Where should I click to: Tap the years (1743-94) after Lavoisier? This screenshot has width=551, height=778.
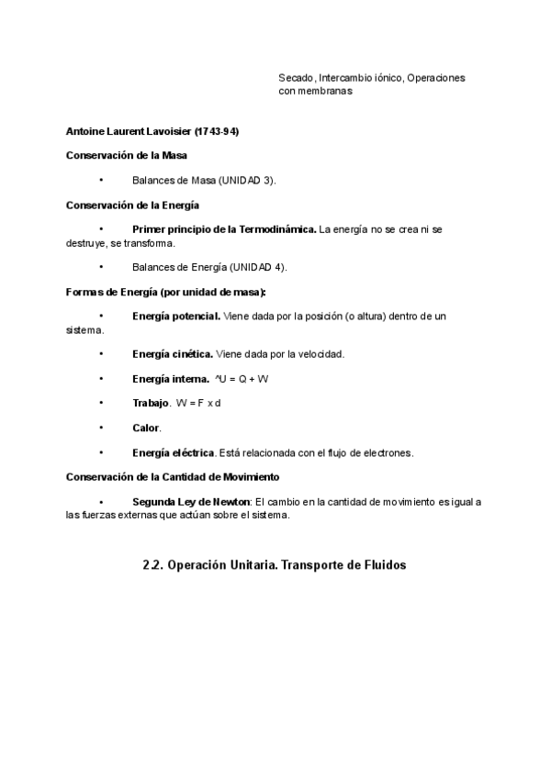point(217,132)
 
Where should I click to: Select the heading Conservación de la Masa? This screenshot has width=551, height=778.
point(127,156)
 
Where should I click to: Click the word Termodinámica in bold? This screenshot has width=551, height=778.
point(275,229)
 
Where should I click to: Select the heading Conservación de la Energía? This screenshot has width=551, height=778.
point(132,205)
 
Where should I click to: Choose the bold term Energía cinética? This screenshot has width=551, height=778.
point(173,354)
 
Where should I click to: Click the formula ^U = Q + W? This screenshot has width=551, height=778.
point(242,379)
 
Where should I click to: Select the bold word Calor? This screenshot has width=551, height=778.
point(147,428)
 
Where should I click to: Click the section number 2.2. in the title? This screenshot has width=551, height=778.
point(153,565)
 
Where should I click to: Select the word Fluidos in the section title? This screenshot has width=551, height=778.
point(381,565)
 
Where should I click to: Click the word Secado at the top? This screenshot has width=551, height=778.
point(297,78)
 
